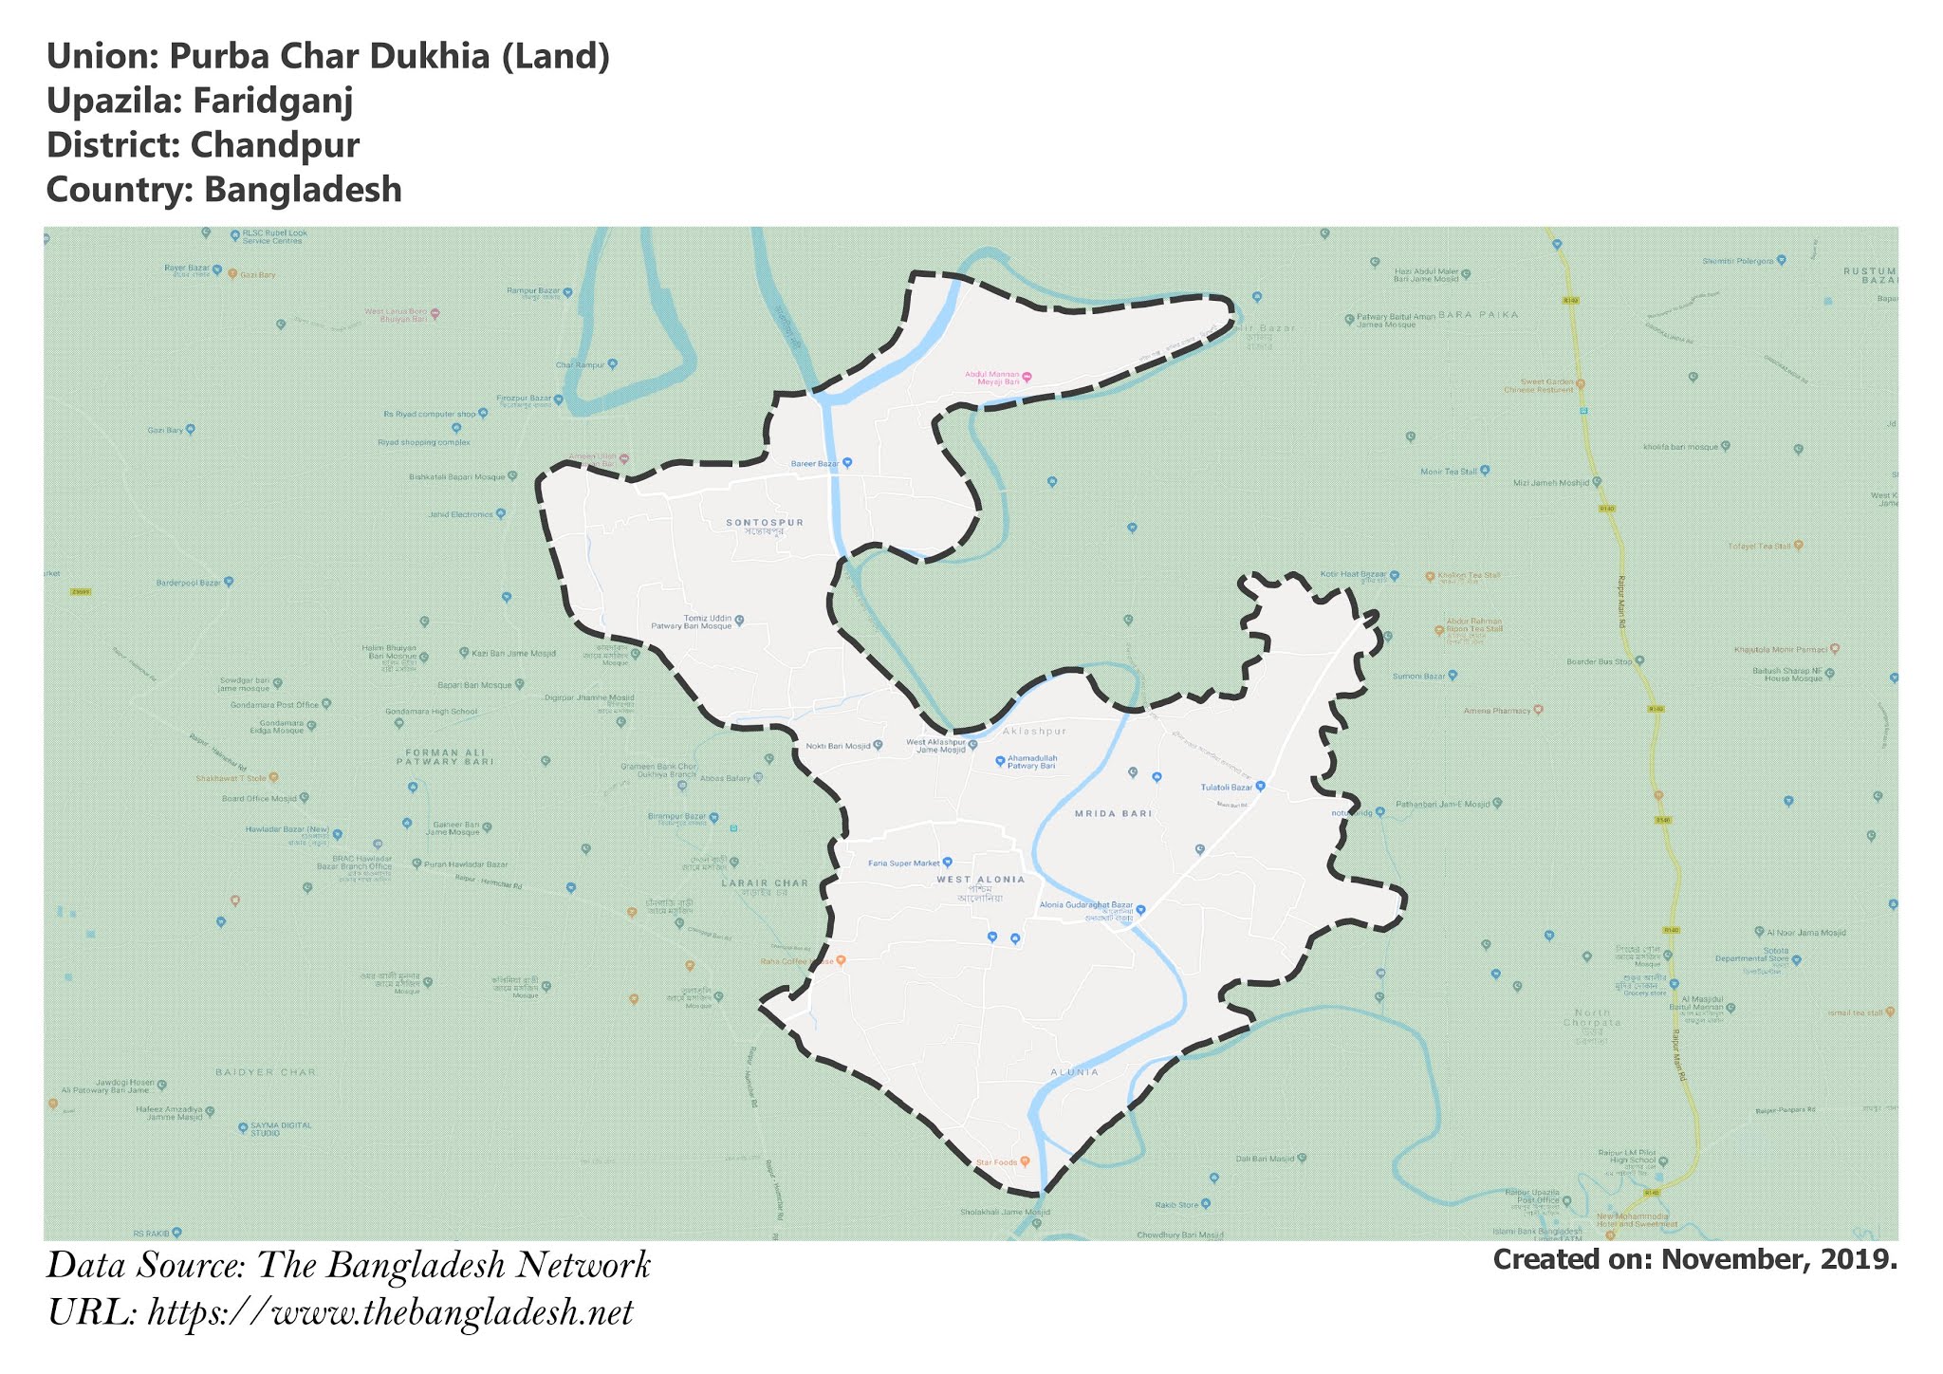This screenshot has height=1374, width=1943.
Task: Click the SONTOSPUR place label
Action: (x=765, y=522)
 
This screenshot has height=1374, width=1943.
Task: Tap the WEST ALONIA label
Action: (x=981, y=880)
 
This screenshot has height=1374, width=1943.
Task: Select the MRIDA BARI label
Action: (x=1113, y=814)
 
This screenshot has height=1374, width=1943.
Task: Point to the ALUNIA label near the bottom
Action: (x=1074, y=1072)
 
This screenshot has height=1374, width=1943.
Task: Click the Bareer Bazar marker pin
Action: (x=848, y=463)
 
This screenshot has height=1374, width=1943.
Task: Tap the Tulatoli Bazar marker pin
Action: (x=1261, y=787)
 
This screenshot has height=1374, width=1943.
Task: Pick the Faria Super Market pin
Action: (x=948, y=863)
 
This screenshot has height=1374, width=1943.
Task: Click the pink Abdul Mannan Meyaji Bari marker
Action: (x=1026, y=377)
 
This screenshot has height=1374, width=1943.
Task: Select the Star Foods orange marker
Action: (x=1025, y=1161)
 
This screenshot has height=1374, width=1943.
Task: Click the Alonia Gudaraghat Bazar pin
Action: (x=1141, y=909)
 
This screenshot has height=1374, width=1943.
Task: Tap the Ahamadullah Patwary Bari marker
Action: (x=1000, y=760)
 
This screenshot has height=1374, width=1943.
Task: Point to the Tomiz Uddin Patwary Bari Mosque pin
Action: (x=740, y=621)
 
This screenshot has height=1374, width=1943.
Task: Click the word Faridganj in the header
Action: (x=273, y=101)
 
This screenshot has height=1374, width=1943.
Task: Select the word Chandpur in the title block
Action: (x=274, y=145)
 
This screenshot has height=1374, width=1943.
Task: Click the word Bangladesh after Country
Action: (x=303, y=190)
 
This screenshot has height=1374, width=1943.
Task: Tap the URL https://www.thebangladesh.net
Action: (x=391, y=1313)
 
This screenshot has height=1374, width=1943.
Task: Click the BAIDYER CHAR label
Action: (x=266, y=1072)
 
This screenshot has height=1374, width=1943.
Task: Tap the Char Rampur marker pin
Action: (x=613, y=363)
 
